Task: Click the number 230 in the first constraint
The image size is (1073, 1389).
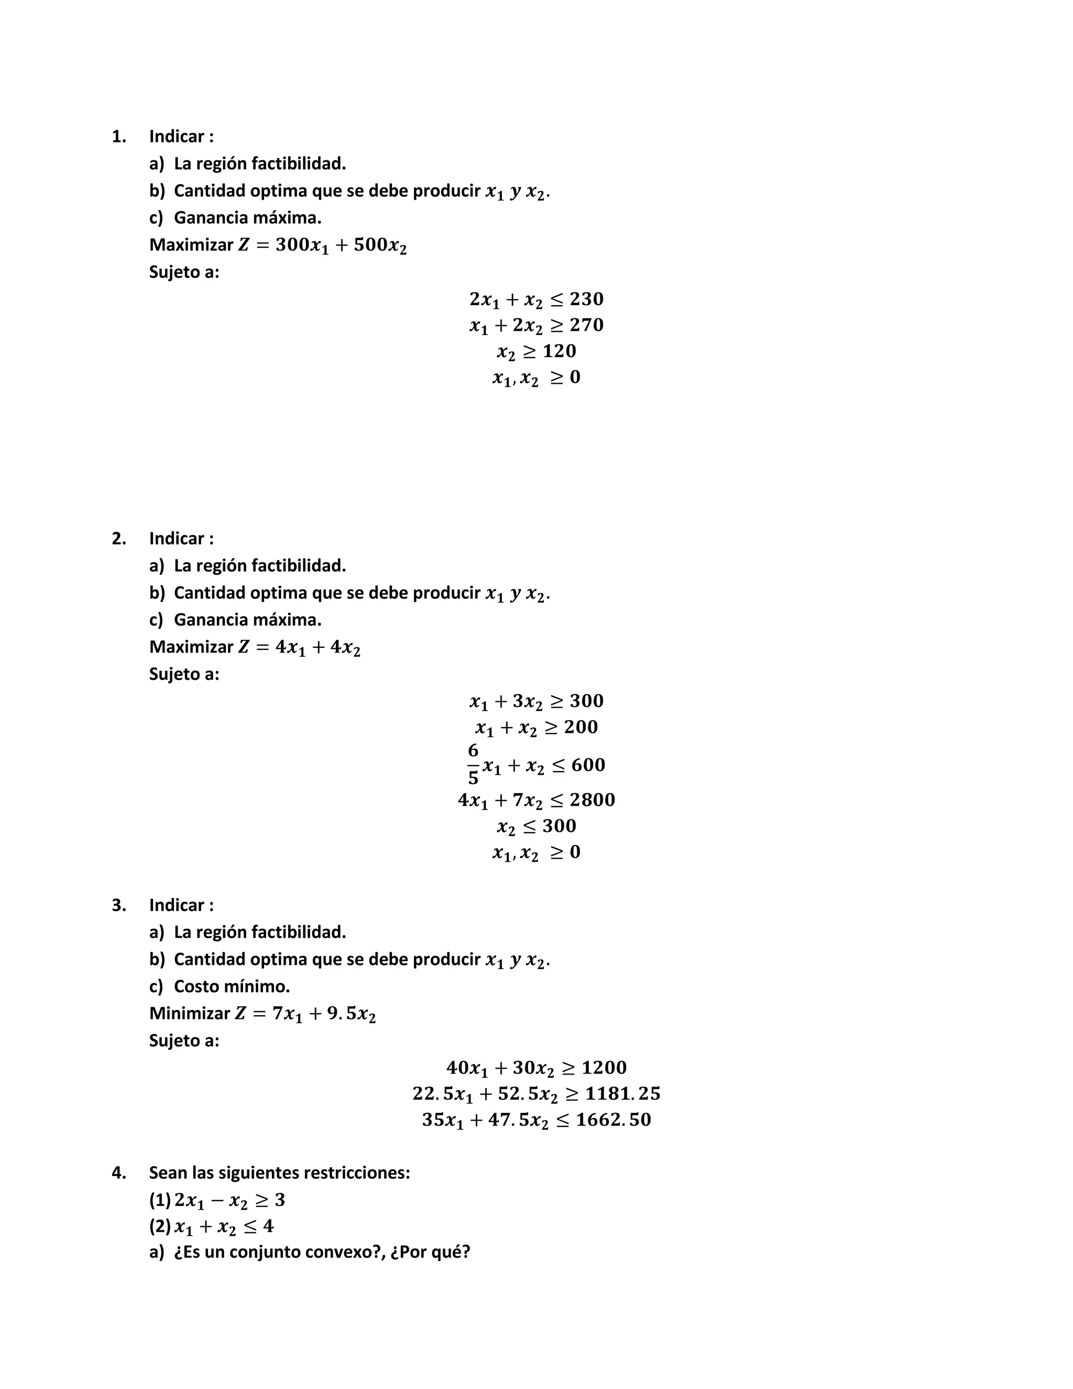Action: [586, 298]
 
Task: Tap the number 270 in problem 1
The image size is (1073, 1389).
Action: [586, 324]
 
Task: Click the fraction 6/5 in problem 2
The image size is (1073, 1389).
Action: [473, 764]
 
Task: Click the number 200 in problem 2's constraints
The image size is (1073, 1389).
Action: [581, 726]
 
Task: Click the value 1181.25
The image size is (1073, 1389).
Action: [622, 1093]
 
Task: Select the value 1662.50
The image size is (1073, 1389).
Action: [614, 1120]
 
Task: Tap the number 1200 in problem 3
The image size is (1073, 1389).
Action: [604, 1067]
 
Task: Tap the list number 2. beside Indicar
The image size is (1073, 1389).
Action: [119, 538]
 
